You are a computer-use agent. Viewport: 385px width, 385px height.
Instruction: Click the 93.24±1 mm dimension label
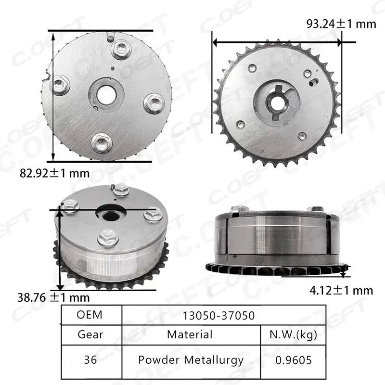(341, 23)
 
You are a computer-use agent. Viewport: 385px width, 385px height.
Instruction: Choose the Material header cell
(190, 334)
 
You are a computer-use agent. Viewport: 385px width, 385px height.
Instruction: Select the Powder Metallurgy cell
(191, 359)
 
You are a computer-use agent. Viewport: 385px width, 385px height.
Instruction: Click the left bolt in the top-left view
(61, 86)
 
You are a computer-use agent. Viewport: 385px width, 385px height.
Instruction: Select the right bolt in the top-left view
(154, 103)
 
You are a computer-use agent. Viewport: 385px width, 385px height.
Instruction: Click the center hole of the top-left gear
(105, 95)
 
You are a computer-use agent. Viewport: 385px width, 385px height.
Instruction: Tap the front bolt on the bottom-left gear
(108, 238)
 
